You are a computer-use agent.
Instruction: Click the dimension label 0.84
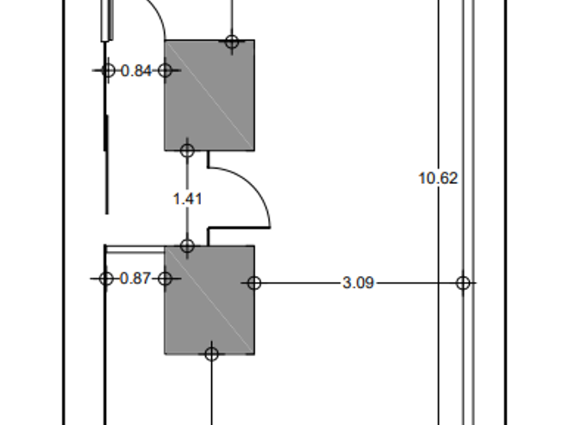(x=136, y=70)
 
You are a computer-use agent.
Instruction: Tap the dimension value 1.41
(x=187, y=199)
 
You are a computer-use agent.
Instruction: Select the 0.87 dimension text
(x=135, y=278)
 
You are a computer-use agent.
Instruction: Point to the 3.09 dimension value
(x=358, y=283)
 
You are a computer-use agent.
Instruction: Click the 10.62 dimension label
(x=438, y=178)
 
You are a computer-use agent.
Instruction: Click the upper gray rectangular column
(x=210, y=95)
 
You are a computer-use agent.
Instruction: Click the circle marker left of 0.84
(x=107, y=69)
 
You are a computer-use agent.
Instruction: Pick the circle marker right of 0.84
(x=165, y=69)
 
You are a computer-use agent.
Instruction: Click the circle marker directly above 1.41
(x=187, y=150)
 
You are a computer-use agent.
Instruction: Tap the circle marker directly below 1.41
(x=187, y=246)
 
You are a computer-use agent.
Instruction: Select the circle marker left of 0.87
(x=106, y=278)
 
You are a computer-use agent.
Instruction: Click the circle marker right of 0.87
(x=165, y=278)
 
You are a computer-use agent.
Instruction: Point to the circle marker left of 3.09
(x=254, y=283)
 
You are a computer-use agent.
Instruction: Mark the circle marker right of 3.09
(x=463, y=283)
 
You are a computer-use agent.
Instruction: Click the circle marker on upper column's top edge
(x=232, y=42)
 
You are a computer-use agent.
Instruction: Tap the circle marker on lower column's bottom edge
(x=211, y=353)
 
